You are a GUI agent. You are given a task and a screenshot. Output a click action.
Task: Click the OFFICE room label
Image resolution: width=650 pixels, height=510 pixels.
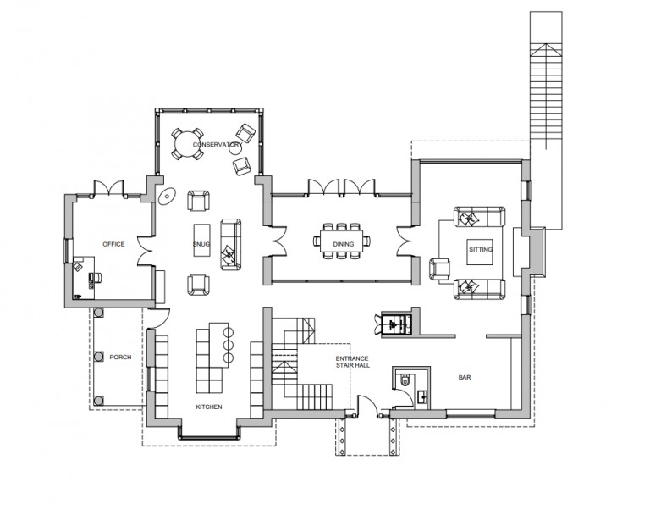113,244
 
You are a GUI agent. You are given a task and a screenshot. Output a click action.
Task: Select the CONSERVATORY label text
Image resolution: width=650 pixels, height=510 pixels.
211,145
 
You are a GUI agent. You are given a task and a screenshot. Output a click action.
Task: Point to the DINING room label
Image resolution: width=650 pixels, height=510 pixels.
344,244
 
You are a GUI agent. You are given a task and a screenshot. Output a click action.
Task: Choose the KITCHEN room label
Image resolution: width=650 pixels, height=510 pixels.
208,407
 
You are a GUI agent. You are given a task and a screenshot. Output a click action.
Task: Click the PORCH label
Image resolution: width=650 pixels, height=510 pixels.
120,358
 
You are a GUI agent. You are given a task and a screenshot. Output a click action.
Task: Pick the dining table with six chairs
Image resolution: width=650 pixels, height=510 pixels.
344,238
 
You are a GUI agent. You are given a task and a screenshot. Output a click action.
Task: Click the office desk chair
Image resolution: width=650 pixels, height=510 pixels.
94,276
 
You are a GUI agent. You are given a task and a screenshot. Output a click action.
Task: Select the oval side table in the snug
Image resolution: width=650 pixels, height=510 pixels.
167,197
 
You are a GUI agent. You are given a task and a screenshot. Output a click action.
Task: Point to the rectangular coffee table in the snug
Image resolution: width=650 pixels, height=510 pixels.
200,237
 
